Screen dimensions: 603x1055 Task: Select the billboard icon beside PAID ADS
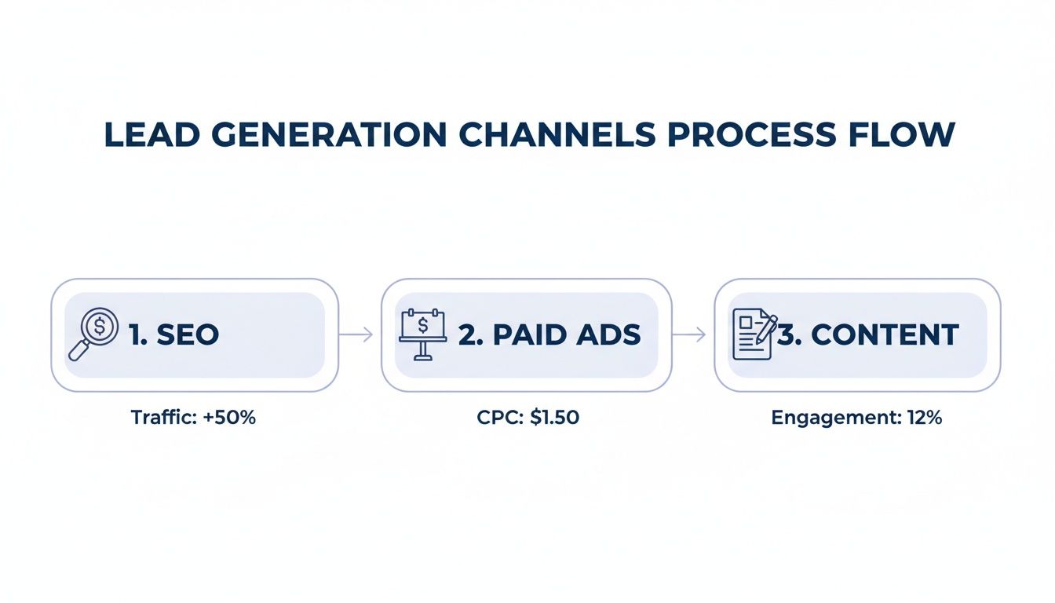click(423, 334)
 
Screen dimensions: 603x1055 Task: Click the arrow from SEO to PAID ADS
click(358, 335)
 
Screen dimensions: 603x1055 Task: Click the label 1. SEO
click(173, 335)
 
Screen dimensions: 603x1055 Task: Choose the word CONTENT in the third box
click(885, 335)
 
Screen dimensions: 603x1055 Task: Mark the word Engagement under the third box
click(834, 418)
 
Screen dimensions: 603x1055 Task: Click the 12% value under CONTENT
click(925, 418)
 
